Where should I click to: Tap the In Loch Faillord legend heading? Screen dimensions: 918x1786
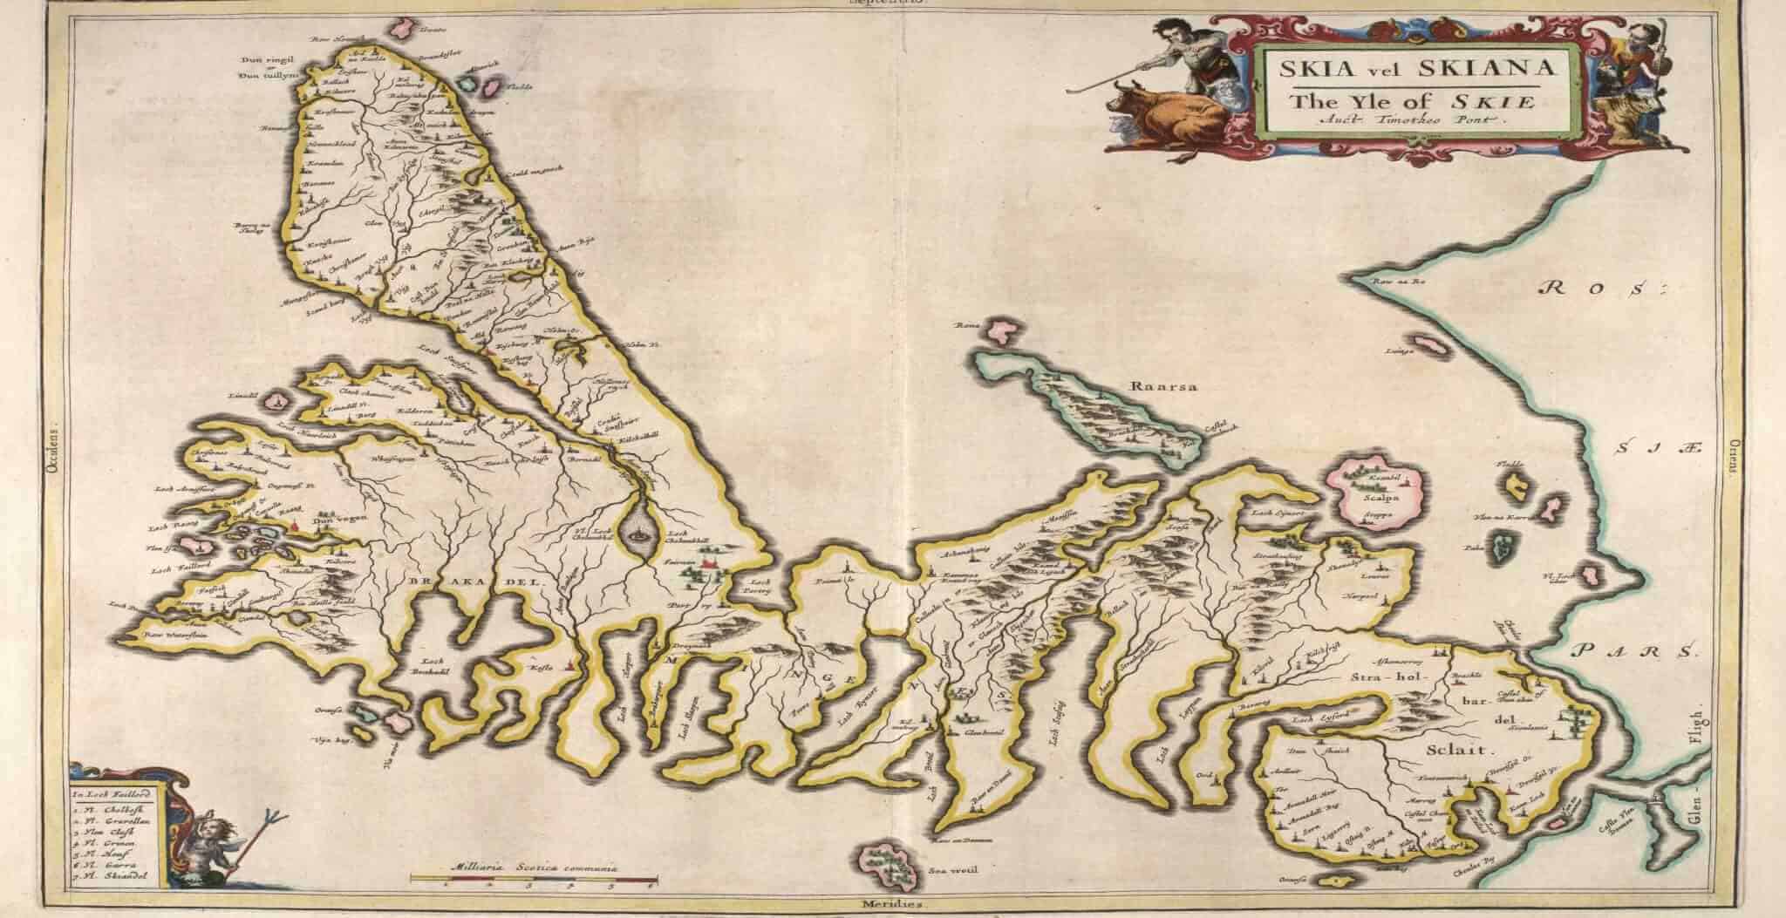click(x=112, y=794)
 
